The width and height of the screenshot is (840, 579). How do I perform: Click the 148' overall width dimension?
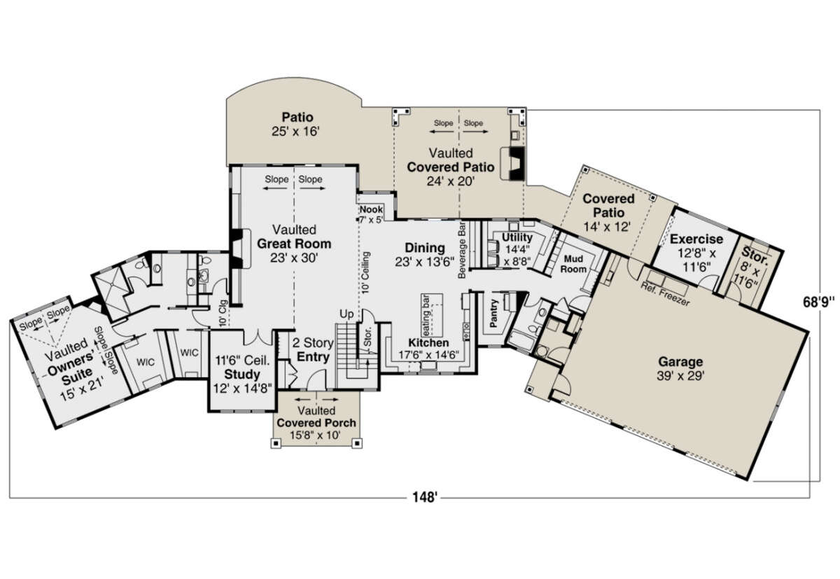[x=425, y=498]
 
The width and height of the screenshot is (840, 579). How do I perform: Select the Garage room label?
[x=680, y=369]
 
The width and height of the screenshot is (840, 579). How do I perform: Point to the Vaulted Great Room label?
[x=294, y=244]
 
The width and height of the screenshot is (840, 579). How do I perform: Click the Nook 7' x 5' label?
[x=371, y=214]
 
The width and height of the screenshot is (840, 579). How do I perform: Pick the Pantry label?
[x=493, y=313]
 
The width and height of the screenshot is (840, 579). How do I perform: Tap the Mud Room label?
[x=573, y=264]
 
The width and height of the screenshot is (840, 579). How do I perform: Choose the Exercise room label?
[x=696, y=253]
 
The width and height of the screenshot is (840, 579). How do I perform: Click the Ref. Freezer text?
[x=665, y=293]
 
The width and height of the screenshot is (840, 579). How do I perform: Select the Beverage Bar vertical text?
[x=461, y=250]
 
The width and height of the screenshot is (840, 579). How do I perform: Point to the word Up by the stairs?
[x=346, y=314]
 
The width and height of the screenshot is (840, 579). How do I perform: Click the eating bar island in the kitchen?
[x=432, y=315]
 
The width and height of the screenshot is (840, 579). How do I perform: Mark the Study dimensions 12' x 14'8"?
[x=242, y=389]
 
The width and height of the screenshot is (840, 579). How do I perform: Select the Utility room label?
[x=517, y=249]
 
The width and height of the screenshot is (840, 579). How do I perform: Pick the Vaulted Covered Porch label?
[x=316, y=423]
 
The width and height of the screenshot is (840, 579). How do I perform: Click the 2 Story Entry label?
[x=313, y=349]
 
